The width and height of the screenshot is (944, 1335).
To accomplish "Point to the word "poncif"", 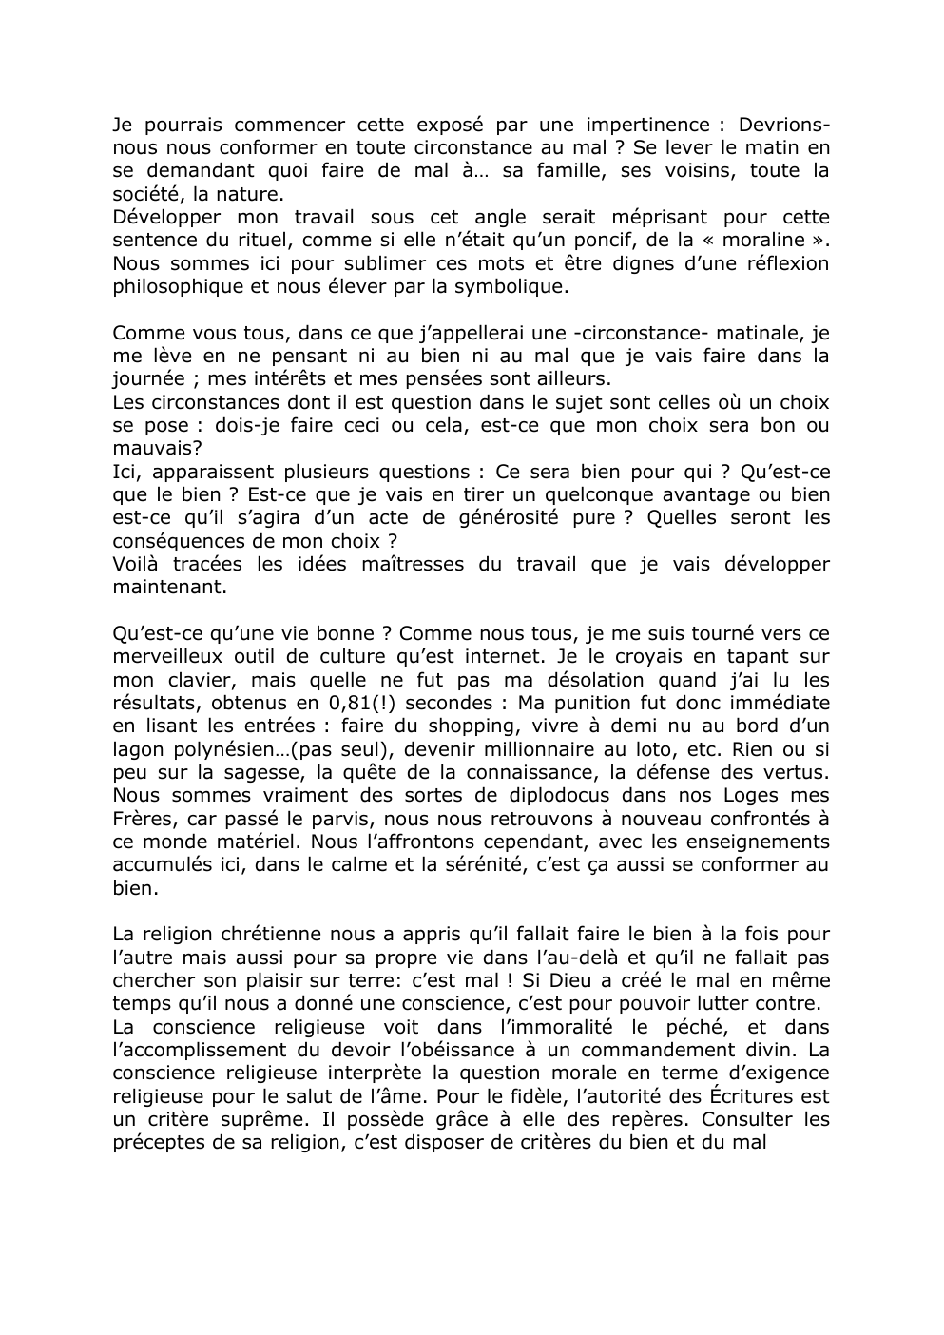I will coord(626,241).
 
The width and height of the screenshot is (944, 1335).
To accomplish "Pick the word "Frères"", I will coord(140,819).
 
